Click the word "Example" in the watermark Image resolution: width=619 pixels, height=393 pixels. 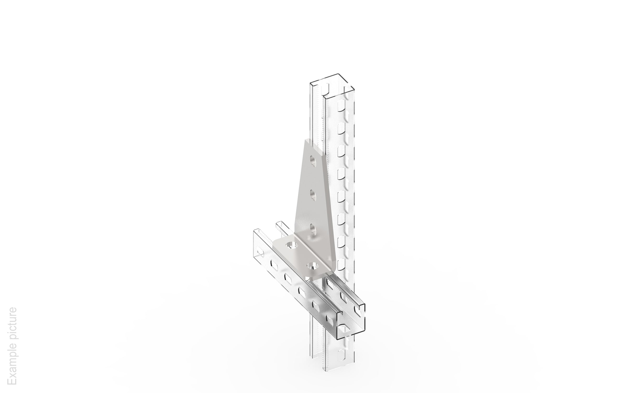click(12, 367)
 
